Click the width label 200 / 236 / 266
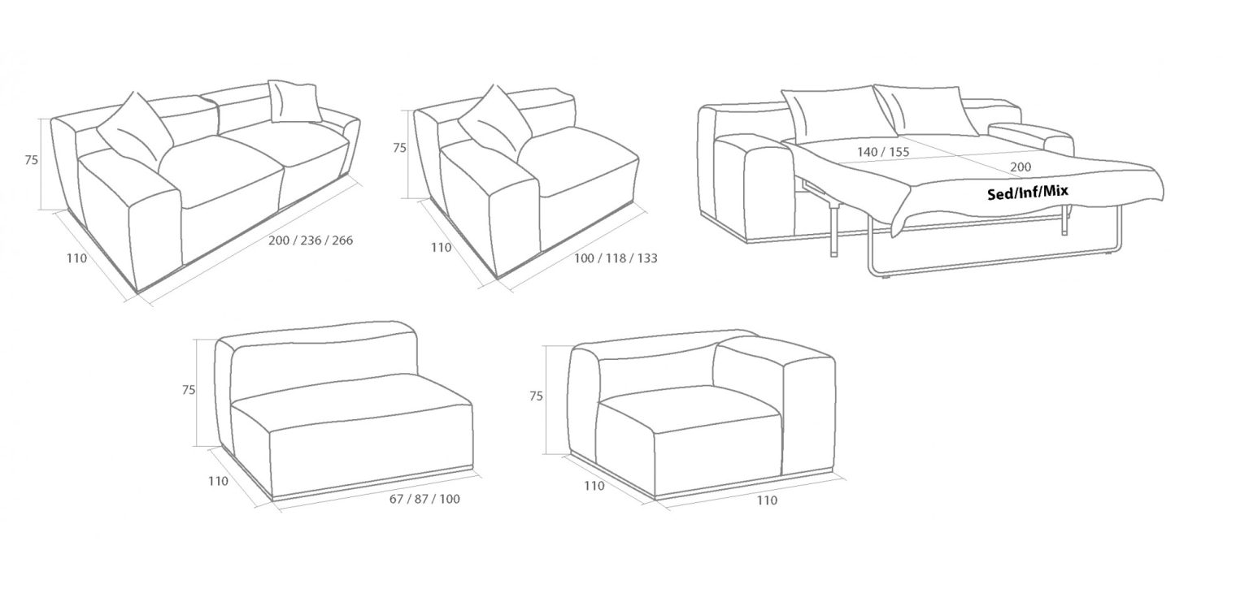(x=311, y=240)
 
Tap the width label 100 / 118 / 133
(x=616, y=258)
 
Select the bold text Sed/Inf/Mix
(x=1028, y=193)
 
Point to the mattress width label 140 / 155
(x=883, y=151)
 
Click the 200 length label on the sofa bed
(x=1021, y=167)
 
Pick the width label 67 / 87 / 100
(x=425, y=499)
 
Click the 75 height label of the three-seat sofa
(x=31, y=160)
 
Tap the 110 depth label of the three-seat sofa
(x=77, y=258)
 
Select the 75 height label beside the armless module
(x=189, y=390)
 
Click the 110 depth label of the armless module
(x=218, y=481)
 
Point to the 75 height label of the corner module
(x=536, y=396)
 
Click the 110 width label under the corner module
(x=767, y=500)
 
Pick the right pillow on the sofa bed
(x=926, y=110)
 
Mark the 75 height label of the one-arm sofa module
(x=400, y=148)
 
